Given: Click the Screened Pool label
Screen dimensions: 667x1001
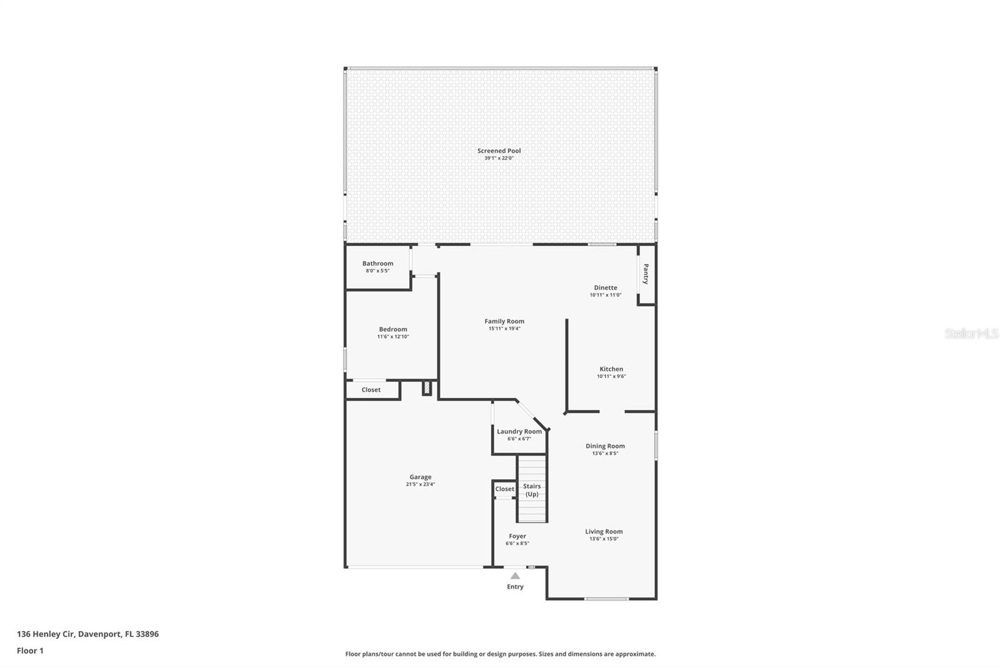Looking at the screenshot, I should point(499,151).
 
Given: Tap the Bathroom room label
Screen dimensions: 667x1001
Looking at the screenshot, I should point(377,263).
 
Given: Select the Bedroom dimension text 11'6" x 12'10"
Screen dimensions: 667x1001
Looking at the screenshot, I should point(393,337).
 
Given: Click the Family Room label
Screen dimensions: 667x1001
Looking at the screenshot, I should point(504,321).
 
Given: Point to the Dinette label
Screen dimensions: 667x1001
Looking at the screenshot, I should point(605,288).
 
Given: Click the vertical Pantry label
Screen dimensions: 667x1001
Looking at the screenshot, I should point(646,273).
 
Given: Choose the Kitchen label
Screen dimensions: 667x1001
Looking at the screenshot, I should point(611,369).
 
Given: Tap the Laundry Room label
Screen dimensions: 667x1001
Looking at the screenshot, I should point(519,431).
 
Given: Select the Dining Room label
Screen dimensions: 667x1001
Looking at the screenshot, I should point(605,446).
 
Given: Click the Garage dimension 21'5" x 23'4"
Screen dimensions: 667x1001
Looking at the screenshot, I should point(420,484).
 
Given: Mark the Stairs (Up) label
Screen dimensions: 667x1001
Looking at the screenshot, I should point(532,490).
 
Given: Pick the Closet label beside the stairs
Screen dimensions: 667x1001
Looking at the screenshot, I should point(504,489).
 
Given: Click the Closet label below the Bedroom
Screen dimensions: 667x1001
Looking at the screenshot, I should point(371,390).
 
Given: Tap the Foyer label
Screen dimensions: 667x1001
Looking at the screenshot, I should point(517,536).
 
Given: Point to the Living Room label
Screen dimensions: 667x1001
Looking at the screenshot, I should point(604,531).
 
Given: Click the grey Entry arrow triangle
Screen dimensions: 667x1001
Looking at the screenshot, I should point(515,576).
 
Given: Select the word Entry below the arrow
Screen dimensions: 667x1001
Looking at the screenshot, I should point(515,587).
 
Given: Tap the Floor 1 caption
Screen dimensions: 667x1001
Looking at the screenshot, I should point(30,651).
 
